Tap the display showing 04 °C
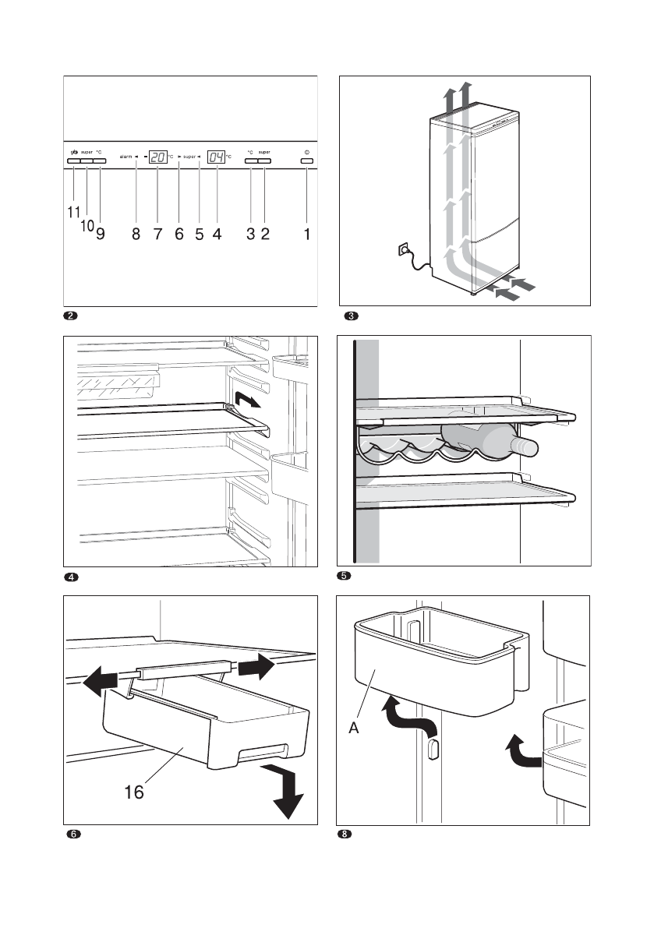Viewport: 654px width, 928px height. [x=216, y=157]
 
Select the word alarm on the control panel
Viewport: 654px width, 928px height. [x=125, y=157]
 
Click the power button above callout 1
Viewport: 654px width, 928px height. [x=306, y=162]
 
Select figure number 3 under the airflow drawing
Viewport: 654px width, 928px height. [x=352, y=316]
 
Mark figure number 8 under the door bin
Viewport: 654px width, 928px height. [x=345, y=835]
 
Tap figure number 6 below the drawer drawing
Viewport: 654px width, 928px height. [x=72, y=835]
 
